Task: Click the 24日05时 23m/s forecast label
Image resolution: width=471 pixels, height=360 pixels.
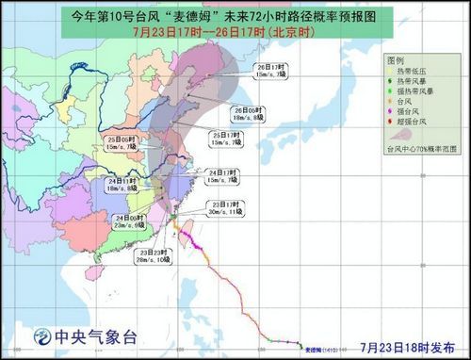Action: [x=126, y=221]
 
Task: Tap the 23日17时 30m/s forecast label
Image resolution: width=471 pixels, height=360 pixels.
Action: [x=226, y=208]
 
